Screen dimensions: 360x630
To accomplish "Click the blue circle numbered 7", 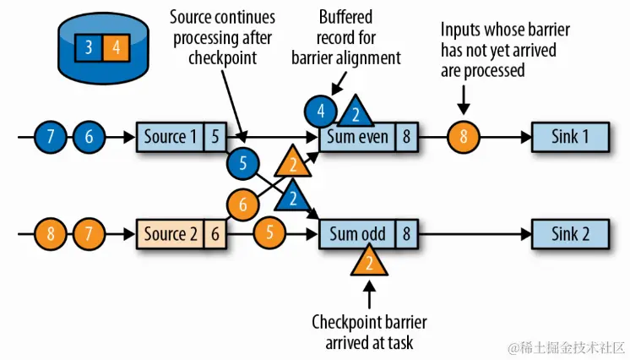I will click(51, 135).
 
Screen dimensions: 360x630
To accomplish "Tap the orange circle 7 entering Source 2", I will click(89, 234).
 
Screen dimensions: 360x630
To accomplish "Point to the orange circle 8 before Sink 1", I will click(463, 135).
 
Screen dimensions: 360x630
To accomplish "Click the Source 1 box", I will click(171, 135).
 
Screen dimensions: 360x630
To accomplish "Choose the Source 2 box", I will click(171, 234).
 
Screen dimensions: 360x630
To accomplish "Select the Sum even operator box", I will click(358, 135).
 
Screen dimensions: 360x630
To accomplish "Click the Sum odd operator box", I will click(358, 234).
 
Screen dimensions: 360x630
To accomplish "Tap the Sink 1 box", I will click(570, 135).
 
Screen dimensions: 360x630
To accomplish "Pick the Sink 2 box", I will click(570, 234).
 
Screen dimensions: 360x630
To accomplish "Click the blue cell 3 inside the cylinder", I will click(89, 47).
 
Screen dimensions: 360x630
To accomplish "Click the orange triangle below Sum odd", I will click(368, 265).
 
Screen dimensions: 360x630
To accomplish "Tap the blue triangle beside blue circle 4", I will click(356, 113).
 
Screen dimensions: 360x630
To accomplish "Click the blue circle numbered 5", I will click(243, 165).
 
